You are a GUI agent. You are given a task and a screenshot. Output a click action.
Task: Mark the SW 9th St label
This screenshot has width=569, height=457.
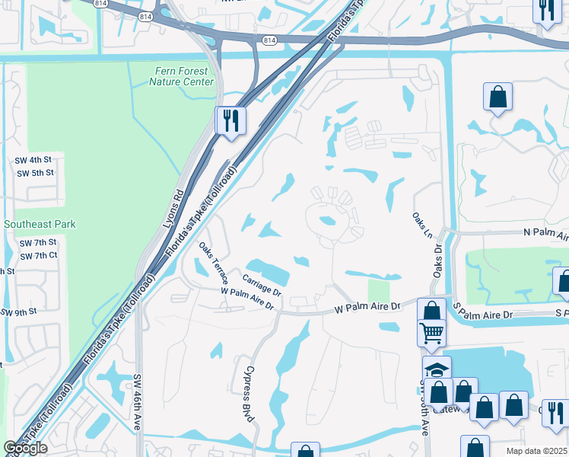(x=19, y=312)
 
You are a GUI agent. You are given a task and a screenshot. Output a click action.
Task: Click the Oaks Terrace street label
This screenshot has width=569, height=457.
(x=213, y=263)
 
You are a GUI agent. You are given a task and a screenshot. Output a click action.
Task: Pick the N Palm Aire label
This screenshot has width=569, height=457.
(x=544, y=234)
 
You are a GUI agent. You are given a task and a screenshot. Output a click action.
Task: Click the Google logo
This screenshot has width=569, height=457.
(x=26, y=448)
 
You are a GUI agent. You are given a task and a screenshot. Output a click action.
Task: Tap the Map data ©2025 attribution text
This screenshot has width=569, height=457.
(x=536, y=451)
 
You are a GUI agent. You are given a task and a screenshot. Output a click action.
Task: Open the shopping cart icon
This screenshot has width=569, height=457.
(x=431, y=332)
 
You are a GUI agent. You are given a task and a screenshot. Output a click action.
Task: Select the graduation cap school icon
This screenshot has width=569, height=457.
(x=437, y=370)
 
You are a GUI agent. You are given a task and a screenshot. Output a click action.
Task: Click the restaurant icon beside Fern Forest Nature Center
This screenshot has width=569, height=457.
(x=230, y=120)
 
